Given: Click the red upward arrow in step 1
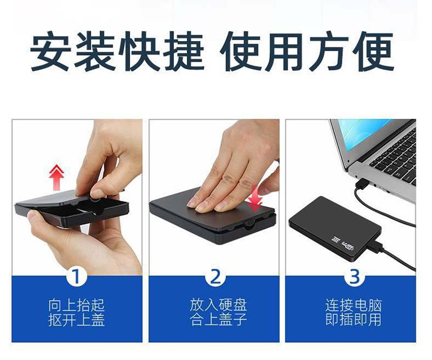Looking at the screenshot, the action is click(57, 177).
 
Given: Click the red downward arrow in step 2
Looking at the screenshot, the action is click(255, 198).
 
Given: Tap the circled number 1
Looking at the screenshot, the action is click(76, 277).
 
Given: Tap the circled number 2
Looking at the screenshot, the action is click(215, 277).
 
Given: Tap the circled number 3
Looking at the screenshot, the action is click(354, 277).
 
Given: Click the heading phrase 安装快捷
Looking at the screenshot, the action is click(117, 51).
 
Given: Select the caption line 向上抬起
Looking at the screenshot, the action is click(76, 305).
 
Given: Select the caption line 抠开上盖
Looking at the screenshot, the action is click(76, 320).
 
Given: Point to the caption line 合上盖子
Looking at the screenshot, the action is click(218, 319).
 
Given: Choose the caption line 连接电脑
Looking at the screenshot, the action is click(354, 305).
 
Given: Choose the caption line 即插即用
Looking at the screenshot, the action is click(354, 319).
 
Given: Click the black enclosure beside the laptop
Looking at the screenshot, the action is click(335, 229).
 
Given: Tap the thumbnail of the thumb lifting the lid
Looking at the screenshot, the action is click(77, 197).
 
